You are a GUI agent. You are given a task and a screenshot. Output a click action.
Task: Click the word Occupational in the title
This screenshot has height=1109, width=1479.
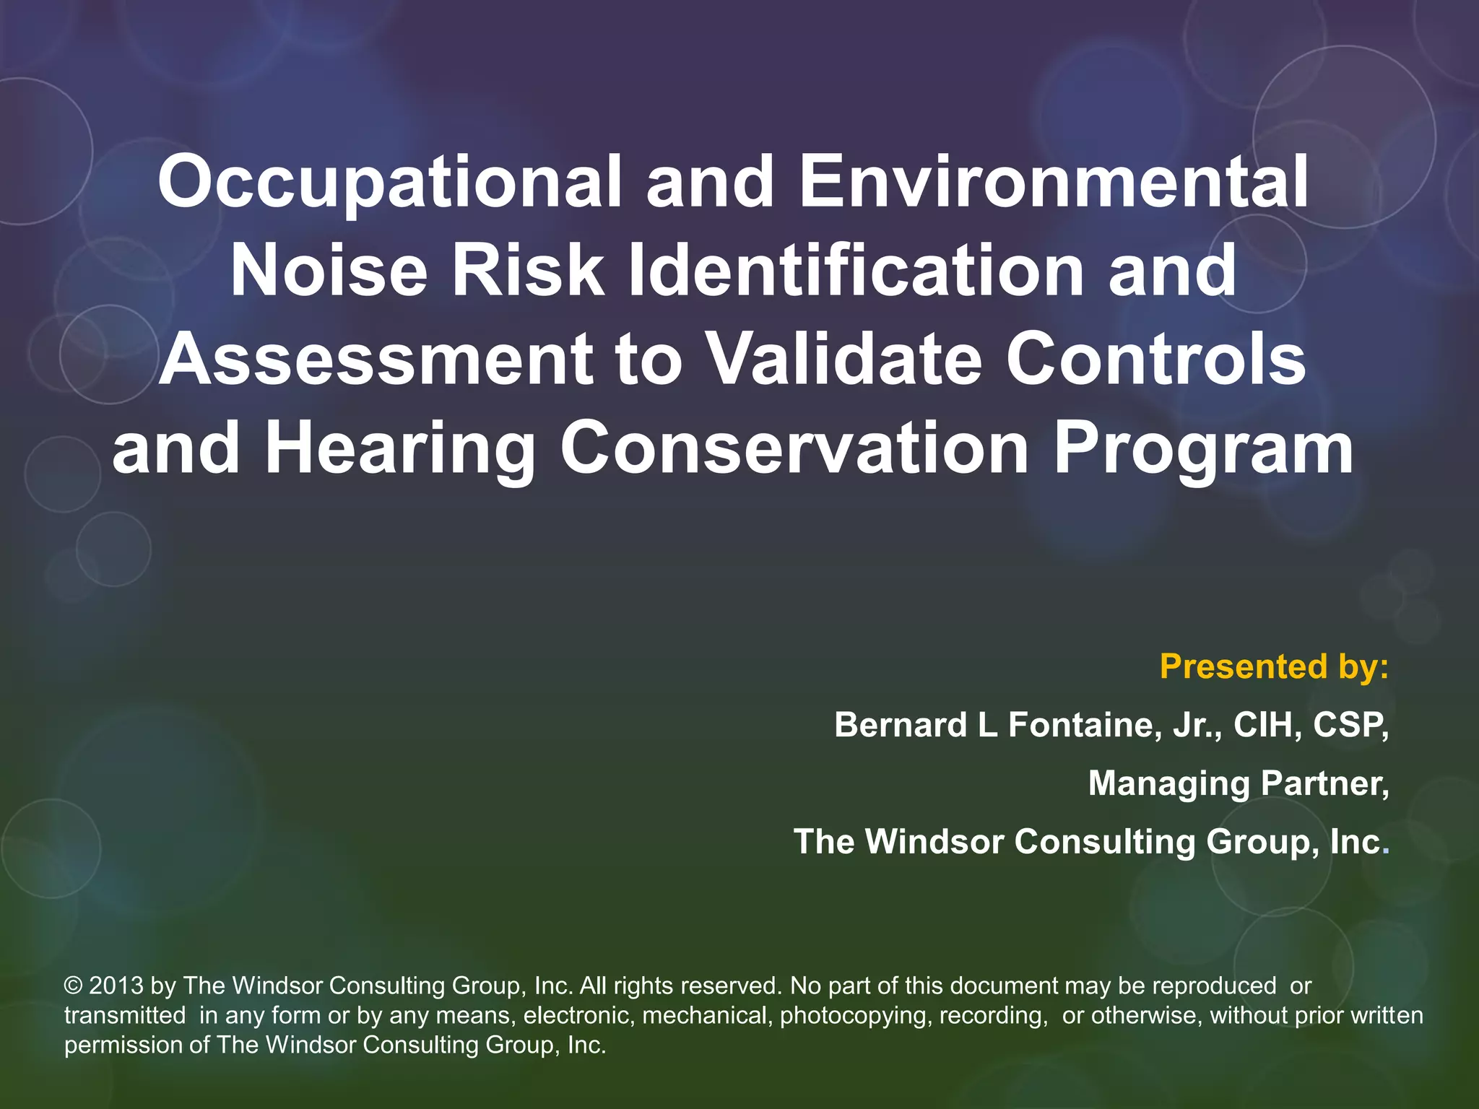[x=389, y=182]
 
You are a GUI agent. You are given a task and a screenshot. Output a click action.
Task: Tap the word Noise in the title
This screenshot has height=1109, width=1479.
[x=329, y=270]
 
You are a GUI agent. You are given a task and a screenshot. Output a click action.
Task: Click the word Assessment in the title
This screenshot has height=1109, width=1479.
[x=376, y=359]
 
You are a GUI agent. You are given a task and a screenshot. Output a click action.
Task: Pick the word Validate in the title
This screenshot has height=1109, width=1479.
[x=843, y=359]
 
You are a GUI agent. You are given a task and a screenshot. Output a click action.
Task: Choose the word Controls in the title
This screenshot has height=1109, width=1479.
[x=1155, y=359]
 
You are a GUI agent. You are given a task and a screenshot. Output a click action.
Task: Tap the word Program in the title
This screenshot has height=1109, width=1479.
[x=1203, y=448]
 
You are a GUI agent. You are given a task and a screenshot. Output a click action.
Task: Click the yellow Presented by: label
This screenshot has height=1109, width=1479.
[x=1274, y=666]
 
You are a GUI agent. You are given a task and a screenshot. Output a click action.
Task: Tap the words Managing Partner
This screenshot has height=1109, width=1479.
[x=1238, y=783]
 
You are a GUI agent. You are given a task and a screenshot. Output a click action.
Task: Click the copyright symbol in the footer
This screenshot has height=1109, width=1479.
[x=73, y=986]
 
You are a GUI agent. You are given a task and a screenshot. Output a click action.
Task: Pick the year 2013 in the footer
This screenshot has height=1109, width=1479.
[x=116, y=986]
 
